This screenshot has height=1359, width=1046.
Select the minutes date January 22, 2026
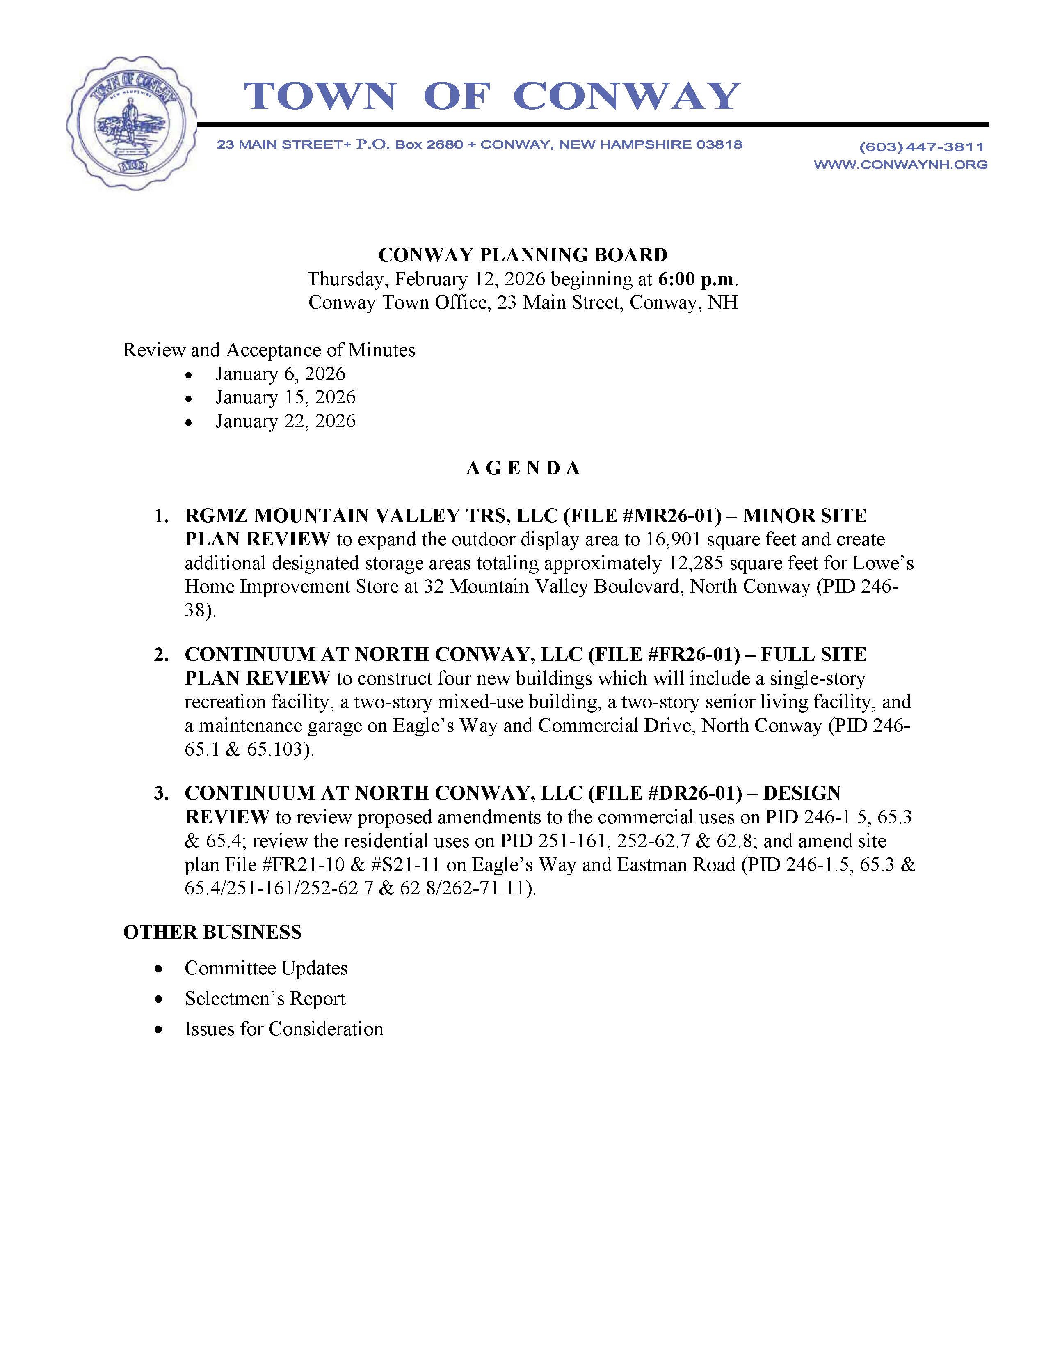pyautogui.click(x=285, y=421)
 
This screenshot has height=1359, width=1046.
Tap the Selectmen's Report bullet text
pyautogui.click(x=265, y=999)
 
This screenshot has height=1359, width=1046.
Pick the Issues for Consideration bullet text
pyautogui.click(x=283, y=1029)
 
